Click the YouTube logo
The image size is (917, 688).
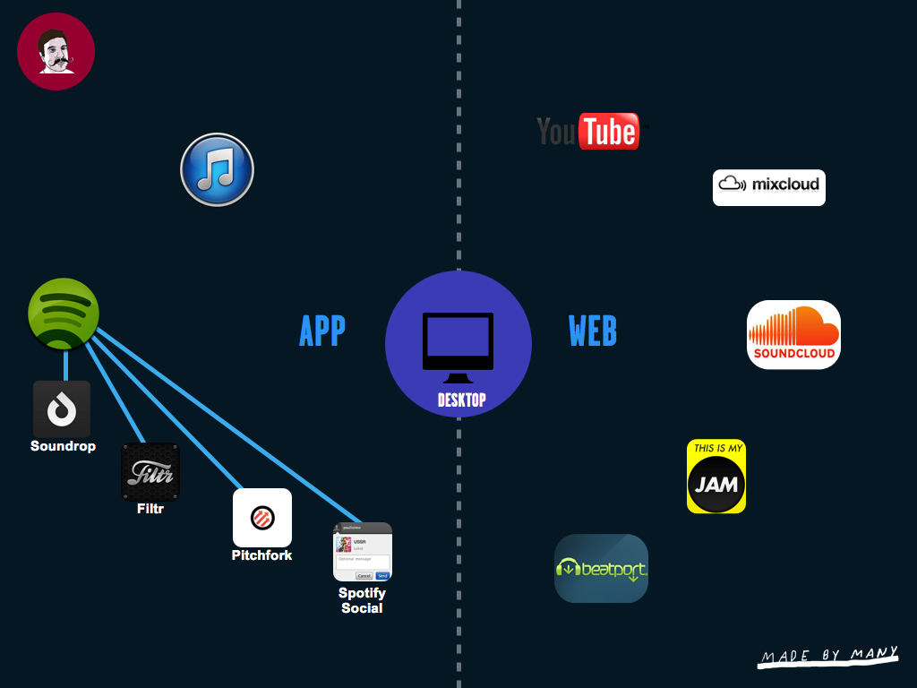coord(588,132)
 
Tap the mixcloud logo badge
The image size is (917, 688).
coord(768,187)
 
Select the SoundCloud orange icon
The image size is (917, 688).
coord(793,334)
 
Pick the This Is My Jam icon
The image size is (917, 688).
coord(716,476)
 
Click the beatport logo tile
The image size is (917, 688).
coord(601,568)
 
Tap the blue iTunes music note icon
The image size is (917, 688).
coord(217,169)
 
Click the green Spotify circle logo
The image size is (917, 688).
coord(64,314)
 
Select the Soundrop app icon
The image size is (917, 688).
coord(62,409)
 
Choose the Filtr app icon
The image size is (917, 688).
coord(150,471)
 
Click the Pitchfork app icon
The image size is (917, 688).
coord(262,517)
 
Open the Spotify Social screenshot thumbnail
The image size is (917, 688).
coord(363,552)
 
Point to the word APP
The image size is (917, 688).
coord(321,331)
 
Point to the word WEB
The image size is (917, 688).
coord(593,331)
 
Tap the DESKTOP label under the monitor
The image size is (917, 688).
coord(461,400)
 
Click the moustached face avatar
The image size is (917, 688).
coord(56,52)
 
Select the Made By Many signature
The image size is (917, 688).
coord(828,657)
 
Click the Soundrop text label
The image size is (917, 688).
coord(63,446)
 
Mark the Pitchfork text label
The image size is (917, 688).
coord(261,555)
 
